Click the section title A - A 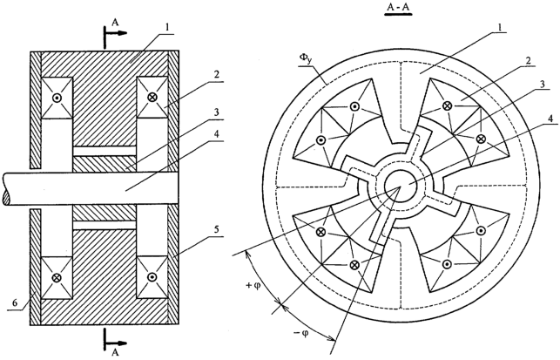(398, 7)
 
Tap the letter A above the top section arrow (115, 23)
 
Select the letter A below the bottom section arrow (115, 352)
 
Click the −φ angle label (301, 334)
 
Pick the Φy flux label (306, 60)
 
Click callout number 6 (15, 302)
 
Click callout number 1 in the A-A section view (500, 26)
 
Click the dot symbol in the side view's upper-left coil (57, 98)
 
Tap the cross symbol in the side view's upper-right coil (152, 97)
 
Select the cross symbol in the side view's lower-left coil (57, 277)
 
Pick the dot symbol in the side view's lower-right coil (152, 277)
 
